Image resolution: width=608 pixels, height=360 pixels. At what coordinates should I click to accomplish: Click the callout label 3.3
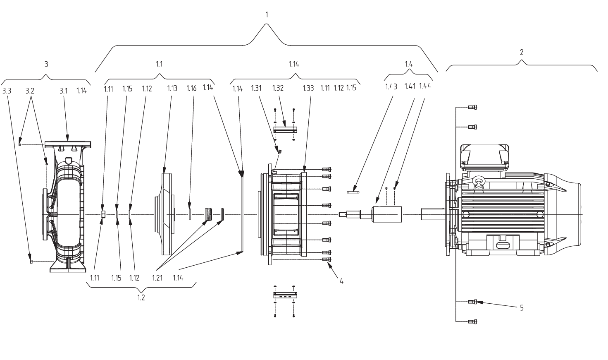coord(7,91)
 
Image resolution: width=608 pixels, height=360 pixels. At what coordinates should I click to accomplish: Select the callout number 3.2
coord(30,91)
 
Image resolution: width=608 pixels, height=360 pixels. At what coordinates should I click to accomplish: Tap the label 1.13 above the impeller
coord(172,89)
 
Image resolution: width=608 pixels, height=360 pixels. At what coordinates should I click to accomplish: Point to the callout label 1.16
coord(191,89)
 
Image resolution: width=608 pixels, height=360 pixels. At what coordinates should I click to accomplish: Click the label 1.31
coord(256,88)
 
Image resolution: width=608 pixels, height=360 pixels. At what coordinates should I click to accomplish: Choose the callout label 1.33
coord(308,88)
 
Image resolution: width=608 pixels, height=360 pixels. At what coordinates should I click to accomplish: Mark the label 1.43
coord(391,86)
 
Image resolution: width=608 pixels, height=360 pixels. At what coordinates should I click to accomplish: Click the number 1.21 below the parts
coord(157,278)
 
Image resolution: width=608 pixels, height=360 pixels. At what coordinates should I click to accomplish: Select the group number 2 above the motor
coord(522,52)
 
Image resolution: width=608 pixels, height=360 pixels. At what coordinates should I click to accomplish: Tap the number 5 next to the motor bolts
coord(522,308)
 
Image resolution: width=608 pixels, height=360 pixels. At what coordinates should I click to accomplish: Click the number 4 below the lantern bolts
coord(341,281)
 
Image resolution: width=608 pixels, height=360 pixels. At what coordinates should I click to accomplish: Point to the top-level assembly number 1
coord(267,14)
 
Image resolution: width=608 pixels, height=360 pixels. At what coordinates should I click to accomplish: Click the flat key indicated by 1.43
coord(353,192)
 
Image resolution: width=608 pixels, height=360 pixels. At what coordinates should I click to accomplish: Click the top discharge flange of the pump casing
coord(68,144)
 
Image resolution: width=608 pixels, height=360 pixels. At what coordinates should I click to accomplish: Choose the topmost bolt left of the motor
coord(472,107)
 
